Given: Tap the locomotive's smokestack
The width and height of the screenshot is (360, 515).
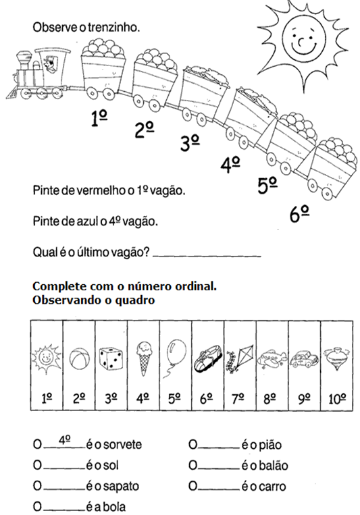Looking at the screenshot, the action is pyautogui.click(x=24, y=60).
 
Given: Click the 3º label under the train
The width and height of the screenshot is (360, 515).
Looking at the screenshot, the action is pyautogui.click(x=190, y=143).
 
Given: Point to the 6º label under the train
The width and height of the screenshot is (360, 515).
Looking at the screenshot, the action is pyautogui.click(x=299, y=214).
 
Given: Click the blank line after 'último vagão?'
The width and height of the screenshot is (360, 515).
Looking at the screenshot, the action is pyautogui.click(x=207, y=256).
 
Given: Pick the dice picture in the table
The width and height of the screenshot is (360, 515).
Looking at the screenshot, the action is pyautogui.click(x=111, y=358).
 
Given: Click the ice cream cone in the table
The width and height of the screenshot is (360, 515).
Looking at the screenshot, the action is pyautogui.click(x=144, y=358).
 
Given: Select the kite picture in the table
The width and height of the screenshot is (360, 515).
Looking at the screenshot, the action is pyautogui.click(x=239, y=358).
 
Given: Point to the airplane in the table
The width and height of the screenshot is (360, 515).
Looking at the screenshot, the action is pyautogui.click(x=272, y=358).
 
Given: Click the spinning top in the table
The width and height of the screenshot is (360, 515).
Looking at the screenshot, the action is pyautogui.click(x=336, y=358).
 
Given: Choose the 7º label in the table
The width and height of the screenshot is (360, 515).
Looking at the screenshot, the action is pyautogui.click(x=238, y=399).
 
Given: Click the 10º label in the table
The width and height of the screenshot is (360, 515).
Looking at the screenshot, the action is pyautogui.click(x=337, y=399).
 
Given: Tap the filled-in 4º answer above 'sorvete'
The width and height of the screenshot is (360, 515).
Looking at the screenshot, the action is pyautogui.click(x=65, y=440).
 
